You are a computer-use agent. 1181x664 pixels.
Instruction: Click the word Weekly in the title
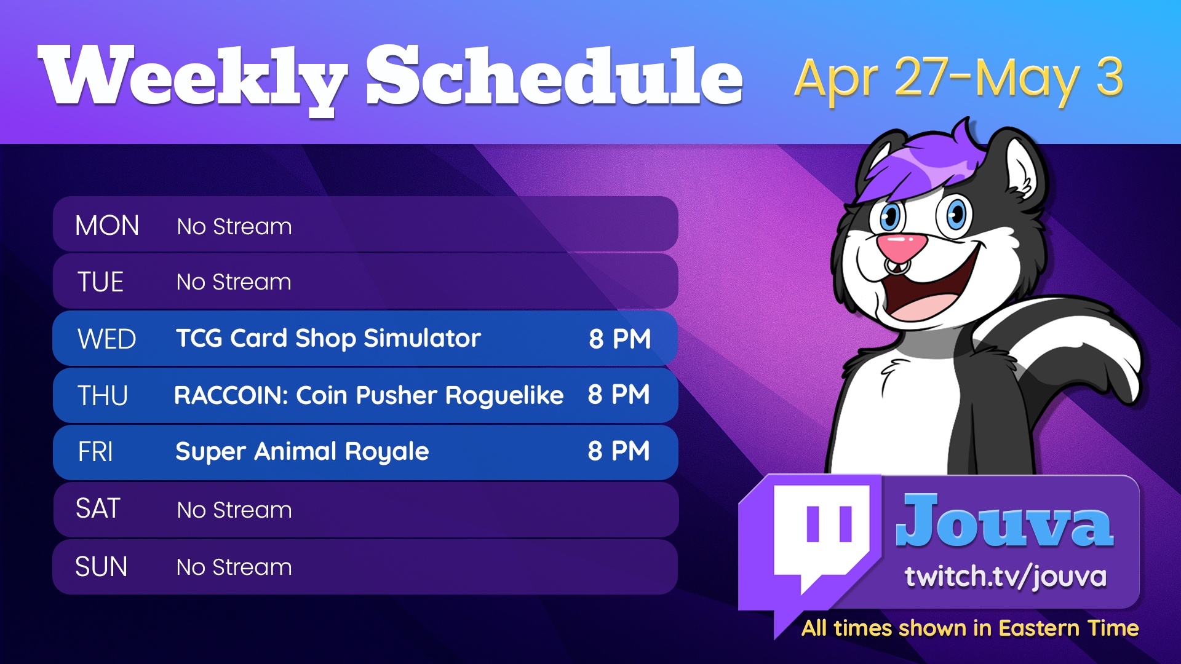[x=192, y=79]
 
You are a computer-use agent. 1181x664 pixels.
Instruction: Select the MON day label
[x=107, y=226]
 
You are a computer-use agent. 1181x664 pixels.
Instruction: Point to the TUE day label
[x=100, y=282]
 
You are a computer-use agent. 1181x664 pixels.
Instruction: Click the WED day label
[x=106, y=339]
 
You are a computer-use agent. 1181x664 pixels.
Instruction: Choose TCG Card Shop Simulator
[x=328, y=339]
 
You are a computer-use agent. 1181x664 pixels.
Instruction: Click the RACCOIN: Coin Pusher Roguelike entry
[x=369, y=395]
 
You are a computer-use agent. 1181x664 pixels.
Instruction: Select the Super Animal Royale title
[x=302, y=452]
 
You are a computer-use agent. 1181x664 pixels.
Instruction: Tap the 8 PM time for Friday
[x=619, y=451]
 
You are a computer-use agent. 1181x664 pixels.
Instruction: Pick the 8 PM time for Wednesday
[x=620, y=339]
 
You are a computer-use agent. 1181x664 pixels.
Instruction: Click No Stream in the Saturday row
[x=234, y=510]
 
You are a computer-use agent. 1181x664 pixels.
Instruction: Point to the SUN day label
[x=101, y=566]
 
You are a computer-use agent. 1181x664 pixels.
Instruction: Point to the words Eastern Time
[x=1068, y=628]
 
